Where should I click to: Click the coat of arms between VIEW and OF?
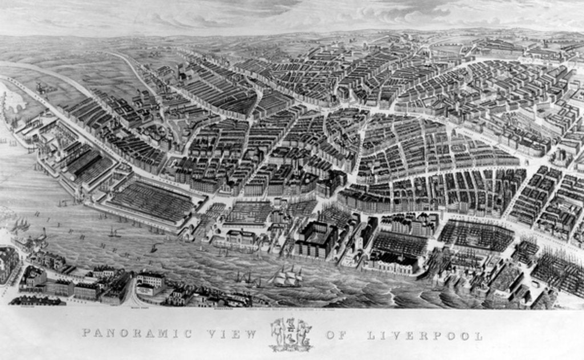(291, 334)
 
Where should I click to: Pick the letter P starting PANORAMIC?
(86, 333)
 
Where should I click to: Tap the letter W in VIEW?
(251, 334)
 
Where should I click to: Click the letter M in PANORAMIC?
(163, 333)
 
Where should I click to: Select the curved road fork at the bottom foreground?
(132, 294)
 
